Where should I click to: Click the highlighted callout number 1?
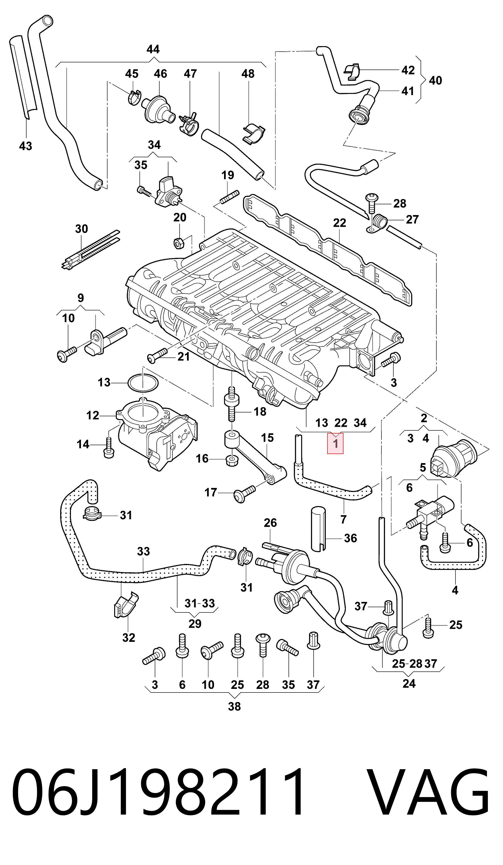pyautogui.click(x=335, y=443)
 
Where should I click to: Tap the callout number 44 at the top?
pyautogui.click(x=153, y=49)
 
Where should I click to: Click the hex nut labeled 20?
pyautogui.click(x=178, y=243)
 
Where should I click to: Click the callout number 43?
pyautogui.click(x=25, y=146)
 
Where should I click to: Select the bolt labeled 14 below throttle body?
pyautogui.click(x=108, y=448)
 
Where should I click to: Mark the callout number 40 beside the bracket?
pyautogui.click(x=435, y=80)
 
